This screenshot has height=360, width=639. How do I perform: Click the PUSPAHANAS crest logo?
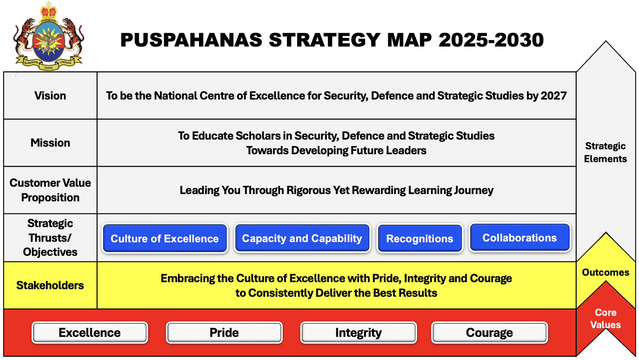(x=49, y=37)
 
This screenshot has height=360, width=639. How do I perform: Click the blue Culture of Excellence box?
(x=165, y=239)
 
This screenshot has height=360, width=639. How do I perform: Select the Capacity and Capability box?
(x=302, y=238)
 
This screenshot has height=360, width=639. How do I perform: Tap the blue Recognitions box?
(x=420, y=239)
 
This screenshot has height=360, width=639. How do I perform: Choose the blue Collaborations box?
(x=520, y=238)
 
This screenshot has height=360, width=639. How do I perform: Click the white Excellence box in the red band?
(x=90, y=332)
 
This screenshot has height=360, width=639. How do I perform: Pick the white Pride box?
(x=224, y=332)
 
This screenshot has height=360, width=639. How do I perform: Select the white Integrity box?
(x=358, y=332)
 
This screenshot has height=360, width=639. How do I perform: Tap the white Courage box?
(x=489, y=332)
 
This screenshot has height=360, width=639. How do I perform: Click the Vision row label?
(x=50, y=96)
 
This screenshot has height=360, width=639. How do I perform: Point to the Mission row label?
(x=50, y=143)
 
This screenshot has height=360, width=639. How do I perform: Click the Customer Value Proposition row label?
(x=50, y=190)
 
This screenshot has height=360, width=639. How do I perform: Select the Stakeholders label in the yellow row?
(x=50, y=285)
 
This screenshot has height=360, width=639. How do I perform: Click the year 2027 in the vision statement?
(x=554, y=96)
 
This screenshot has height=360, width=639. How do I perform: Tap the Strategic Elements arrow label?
(x=605, y=152)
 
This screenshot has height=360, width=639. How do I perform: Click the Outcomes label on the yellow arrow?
(x=605, y=272)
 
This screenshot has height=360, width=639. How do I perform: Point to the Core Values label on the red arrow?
(x=605, y=318)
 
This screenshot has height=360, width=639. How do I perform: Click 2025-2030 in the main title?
(x=491, y=40)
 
